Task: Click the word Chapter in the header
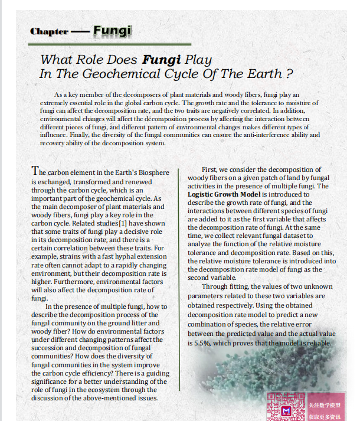(48, 32)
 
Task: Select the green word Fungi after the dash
(112, 30)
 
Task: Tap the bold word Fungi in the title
(162, 60)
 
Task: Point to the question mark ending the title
(289, 74)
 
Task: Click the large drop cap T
(35, 171)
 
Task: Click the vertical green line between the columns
(179, 278)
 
